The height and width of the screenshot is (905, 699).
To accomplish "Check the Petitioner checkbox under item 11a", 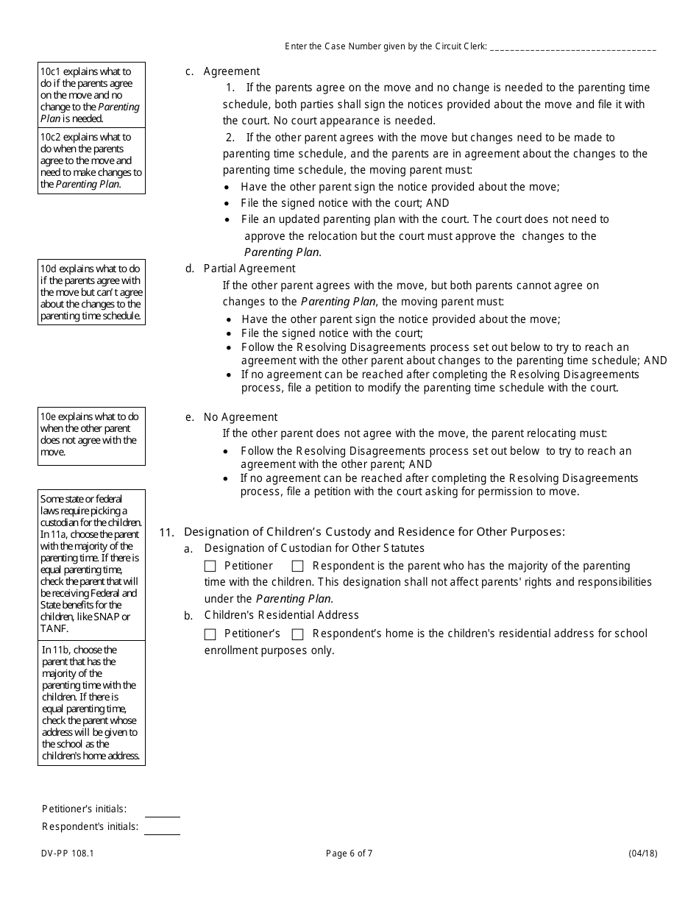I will click(x=210, y=567).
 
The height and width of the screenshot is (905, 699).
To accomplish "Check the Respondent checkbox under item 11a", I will click(x=298, y=567).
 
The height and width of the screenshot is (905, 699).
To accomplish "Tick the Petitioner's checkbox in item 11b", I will click(x=210, y=634).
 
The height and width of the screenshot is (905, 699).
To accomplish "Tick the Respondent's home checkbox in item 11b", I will click(x=298, y=634).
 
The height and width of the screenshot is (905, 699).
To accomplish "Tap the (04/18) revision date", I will click(x=642, y=853).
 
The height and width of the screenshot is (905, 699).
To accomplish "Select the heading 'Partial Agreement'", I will click(x=249, y=269).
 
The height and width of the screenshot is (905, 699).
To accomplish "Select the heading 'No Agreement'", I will click(x=241, y=417).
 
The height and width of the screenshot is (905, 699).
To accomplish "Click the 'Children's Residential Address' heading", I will click(x=282, y=615).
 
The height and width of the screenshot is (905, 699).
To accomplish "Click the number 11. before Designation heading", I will click(x=167, y=532).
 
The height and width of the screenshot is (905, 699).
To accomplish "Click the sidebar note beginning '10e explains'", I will click(x=91, y=435).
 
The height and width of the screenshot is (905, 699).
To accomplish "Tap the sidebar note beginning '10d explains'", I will click(x=91, y=292).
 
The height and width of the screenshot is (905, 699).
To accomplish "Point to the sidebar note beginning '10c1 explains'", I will click(x=91, y=95).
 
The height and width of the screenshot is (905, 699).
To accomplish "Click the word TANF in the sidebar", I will click(x=54, y=628).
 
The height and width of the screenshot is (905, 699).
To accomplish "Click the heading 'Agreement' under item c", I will click(x=232, y=71).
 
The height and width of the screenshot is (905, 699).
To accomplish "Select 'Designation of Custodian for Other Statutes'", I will click(x=314, y=548).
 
